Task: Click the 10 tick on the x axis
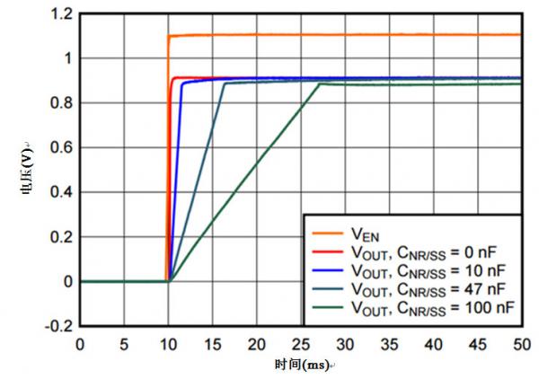point(168,344)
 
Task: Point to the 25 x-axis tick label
point(300,344)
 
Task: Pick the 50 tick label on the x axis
point(521,344)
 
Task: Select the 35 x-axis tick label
point(389,344)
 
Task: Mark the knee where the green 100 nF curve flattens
point(319,84)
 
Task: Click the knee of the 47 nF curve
point(224,84)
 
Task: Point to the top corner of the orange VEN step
point(169,36)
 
